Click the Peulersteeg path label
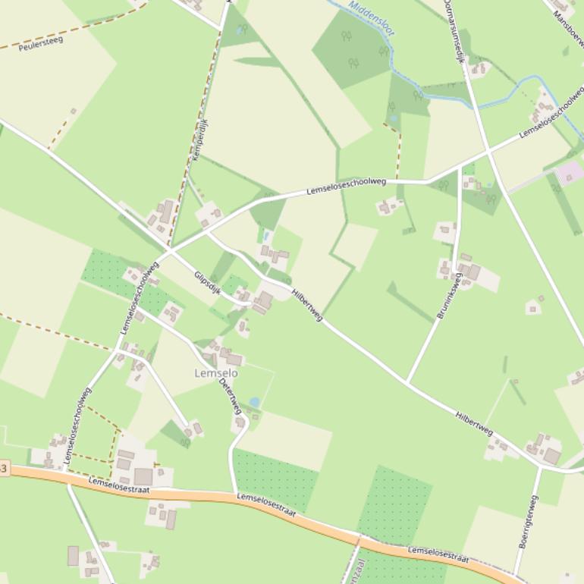(x=40, y=40)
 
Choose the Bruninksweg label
(x=449, y=296)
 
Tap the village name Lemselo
(x=216, y=373)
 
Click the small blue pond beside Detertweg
(x=254, y=402)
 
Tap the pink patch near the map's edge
(x=570, y=171)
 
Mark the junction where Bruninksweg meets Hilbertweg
(x=407, y=383)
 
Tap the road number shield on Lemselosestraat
(x=4, y=469)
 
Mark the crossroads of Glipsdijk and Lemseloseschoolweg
(x=168, y=250)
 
